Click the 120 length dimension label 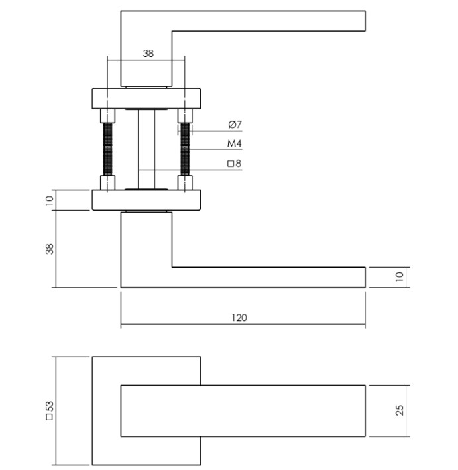tap(239, 318)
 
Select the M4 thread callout tap(233, 144)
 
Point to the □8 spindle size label tap(233, 164)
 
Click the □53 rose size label tap(49, 411)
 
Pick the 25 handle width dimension tap(399, 411)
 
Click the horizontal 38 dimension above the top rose tap(148, 54)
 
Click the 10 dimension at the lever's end tap(399, 277)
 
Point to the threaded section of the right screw tap(185, 150)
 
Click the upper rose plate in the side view tap(146, 98)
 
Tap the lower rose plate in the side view tap(146, 200)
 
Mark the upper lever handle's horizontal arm tap(268, 21)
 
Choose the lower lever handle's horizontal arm tap(268, 277)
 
